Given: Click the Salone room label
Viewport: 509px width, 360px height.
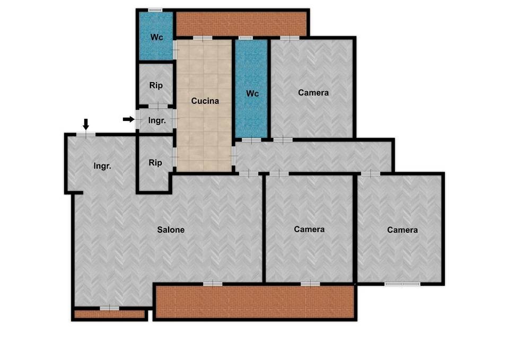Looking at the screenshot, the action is tap(171, 230).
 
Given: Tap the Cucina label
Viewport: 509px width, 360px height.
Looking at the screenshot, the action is tap(205, 101).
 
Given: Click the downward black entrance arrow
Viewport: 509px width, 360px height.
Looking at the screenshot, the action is tap(86, 124).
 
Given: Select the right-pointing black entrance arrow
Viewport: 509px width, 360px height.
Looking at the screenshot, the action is tap(128, 119).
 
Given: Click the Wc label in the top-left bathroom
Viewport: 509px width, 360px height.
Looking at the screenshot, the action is tap(156, 37).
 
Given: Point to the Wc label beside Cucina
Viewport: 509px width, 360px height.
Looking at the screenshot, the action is tap(252, 93).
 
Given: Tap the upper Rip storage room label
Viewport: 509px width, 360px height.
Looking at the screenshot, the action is tap(156, 85).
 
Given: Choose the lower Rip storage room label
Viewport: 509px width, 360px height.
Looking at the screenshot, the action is tap(155, 163).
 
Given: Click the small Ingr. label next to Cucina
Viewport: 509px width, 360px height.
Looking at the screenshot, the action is tap(157, 121).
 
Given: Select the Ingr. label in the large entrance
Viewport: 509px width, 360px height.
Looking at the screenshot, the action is tap(102, 166).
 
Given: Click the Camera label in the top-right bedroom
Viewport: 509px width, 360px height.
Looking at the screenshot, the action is tap(313, 93).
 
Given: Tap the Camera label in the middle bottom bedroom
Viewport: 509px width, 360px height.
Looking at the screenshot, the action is tap(309, 230).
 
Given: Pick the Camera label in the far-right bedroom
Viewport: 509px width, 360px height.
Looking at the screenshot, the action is tap(402, 230).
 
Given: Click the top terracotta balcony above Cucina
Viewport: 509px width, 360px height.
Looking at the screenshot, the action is tap(242, 24).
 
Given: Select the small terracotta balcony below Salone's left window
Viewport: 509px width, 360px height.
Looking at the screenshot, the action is tap(109, 314).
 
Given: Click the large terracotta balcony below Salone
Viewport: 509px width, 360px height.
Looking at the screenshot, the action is tap(255, 302).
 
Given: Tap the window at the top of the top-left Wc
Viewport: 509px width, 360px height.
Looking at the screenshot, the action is tap(155, 11).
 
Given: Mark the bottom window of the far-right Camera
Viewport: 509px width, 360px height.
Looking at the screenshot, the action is tap(402, 284).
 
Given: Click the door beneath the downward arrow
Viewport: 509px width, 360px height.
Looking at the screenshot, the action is tap(86, 135).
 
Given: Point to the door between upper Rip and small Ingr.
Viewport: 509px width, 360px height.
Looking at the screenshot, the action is tap(158, 106).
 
